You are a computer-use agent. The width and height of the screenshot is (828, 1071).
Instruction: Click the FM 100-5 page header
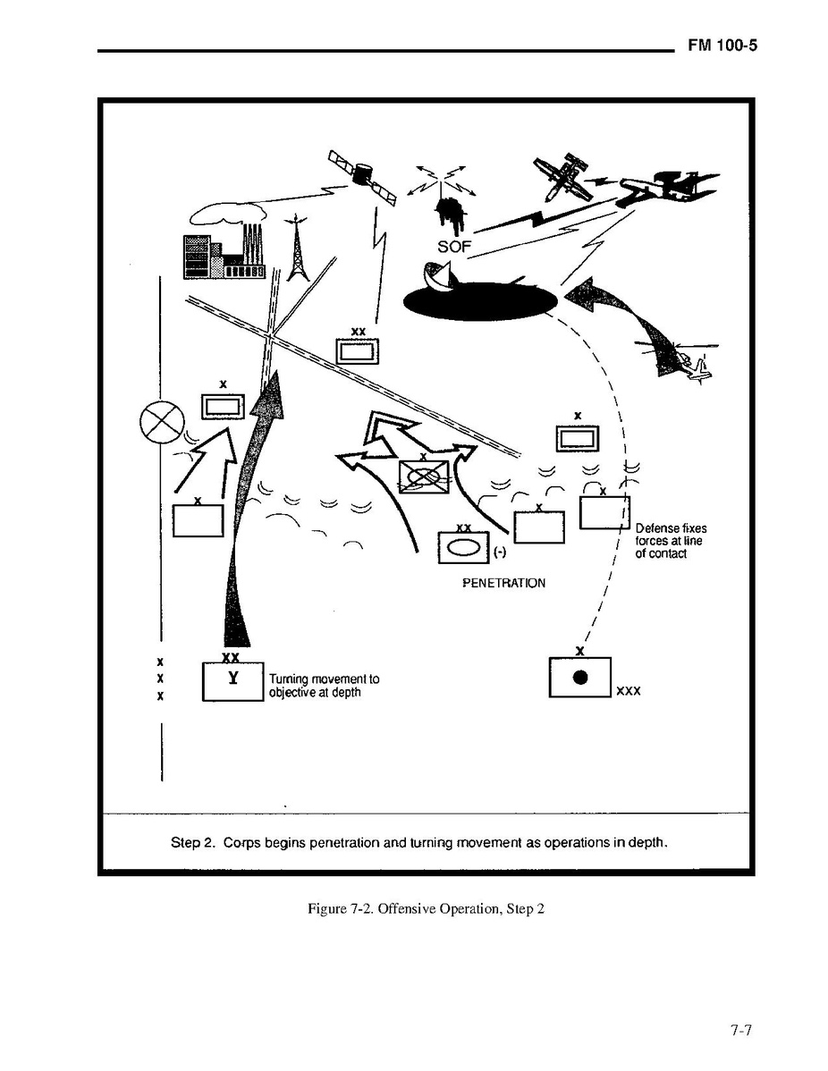click(x=722, y=46)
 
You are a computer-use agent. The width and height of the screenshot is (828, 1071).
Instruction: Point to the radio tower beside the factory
click(x=294, y=249)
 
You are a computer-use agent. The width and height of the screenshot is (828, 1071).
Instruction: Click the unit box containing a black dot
click(x=579, y=677)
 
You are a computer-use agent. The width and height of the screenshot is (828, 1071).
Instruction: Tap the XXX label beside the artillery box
click(x=629, y=692)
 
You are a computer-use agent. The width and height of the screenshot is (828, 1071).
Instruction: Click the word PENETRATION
click(x=503, y=583)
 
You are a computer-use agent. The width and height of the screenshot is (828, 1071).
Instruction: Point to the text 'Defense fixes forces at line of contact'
click(x=671, y=541)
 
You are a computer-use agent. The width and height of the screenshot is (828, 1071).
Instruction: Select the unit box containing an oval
click(x=463, y=547)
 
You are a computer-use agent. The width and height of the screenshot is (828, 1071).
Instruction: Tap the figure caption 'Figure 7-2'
click(x=426, y=909)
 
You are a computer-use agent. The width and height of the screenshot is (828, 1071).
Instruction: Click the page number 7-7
click(x=739, y=1031)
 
